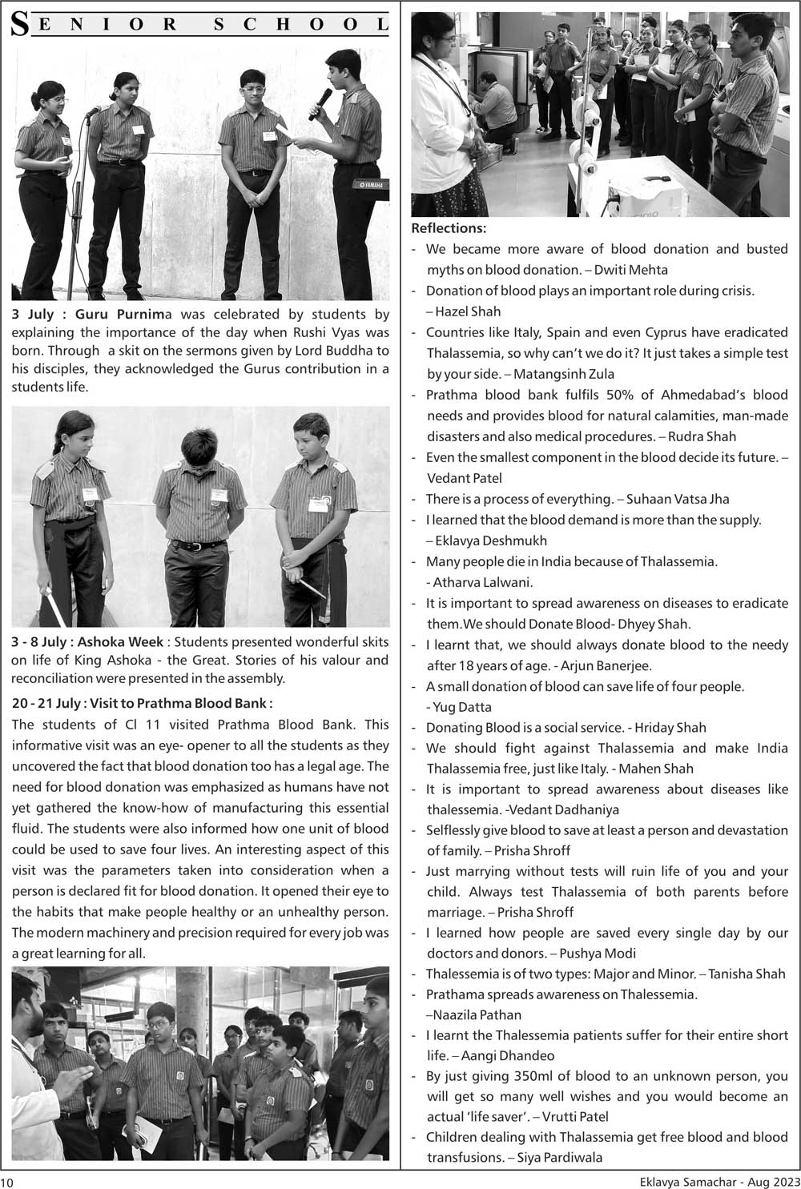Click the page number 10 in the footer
coord(7,1181)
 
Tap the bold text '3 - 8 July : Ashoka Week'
coord(88,642)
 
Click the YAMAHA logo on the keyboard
coord(369,186)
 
